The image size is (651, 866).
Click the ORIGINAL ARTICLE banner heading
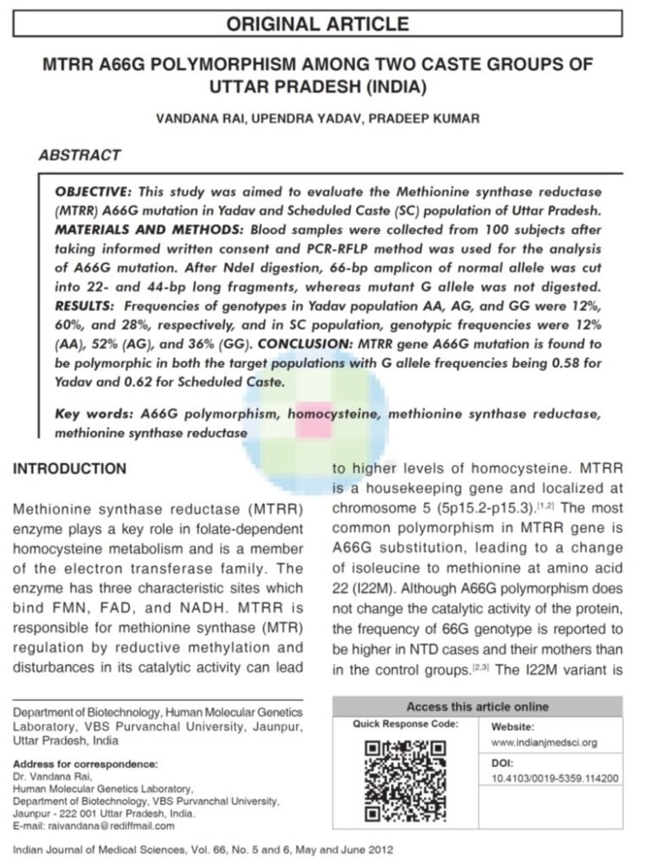(x=317, y=24)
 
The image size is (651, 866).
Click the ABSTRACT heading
(x=79, y=156)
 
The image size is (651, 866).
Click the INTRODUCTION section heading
(x=69, y=469)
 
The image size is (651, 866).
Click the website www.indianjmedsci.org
(x=544, y=743)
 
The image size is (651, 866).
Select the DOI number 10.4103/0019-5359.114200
(x=555, y=779)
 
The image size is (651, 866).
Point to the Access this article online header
(x=477, y=706)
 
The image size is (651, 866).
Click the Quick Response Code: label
(x=406, y=724)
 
